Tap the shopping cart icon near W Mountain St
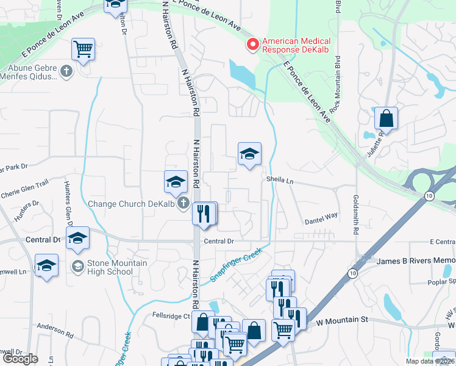(x=283, y=329)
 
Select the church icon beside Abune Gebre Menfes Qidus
(x=66, y=72)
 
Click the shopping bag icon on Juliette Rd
(x=386, y=117)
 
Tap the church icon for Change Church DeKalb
(x=183, y=204)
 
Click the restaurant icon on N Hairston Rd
(x=204, y=213)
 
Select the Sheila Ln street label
(x=280, y=181)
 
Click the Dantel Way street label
(x=321, y=216)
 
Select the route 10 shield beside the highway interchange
(x=429, y=195)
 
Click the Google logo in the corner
(x=20, y=359)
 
